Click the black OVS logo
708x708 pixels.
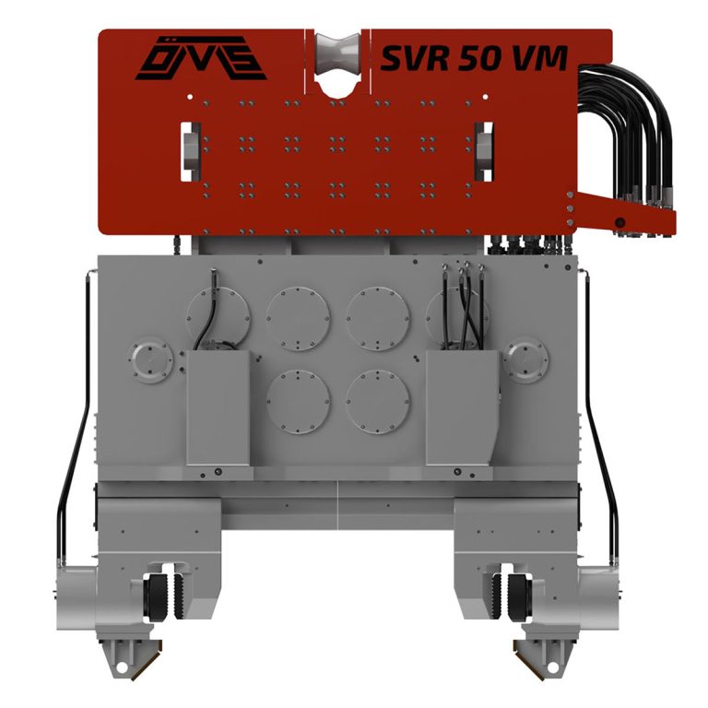(201, 58)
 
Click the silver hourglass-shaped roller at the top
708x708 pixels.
(337, 53)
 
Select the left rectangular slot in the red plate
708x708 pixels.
(191, 151)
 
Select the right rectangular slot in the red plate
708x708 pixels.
(484, 151)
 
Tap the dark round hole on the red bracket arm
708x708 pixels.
(619, 222)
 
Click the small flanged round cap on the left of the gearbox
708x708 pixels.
(151, 360)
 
